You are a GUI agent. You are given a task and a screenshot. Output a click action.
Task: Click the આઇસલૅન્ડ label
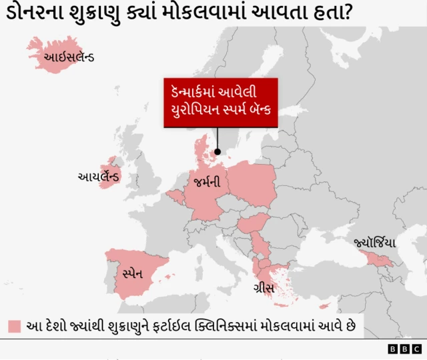click(69, 57)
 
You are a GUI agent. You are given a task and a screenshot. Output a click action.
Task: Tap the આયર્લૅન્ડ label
click(99, 177)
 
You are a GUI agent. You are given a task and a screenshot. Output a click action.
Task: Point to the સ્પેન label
click(133, 273)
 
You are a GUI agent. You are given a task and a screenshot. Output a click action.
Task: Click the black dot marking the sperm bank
click(217, 152)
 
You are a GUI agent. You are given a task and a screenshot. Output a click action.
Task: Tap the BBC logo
click(405, 349)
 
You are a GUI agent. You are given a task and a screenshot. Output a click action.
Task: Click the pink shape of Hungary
click(253, 224)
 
